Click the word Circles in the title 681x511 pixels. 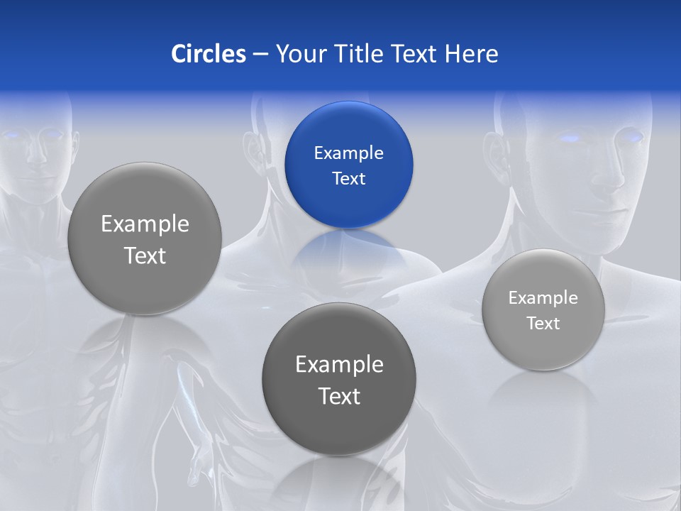coord(208,54)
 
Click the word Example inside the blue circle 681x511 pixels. coord(348,153)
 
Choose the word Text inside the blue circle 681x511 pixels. coord(348,179)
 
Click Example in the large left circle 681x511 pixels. coord(145,224)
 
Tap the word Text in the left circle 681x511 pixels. coord(145,255)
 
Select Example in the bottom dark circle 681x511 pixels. coord(339,365)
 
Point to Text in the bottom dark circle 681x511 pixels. coord(339,396)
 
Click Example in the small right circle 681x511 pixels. coord(543,298)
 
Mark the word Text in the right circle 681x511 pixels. coord(543,324)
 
